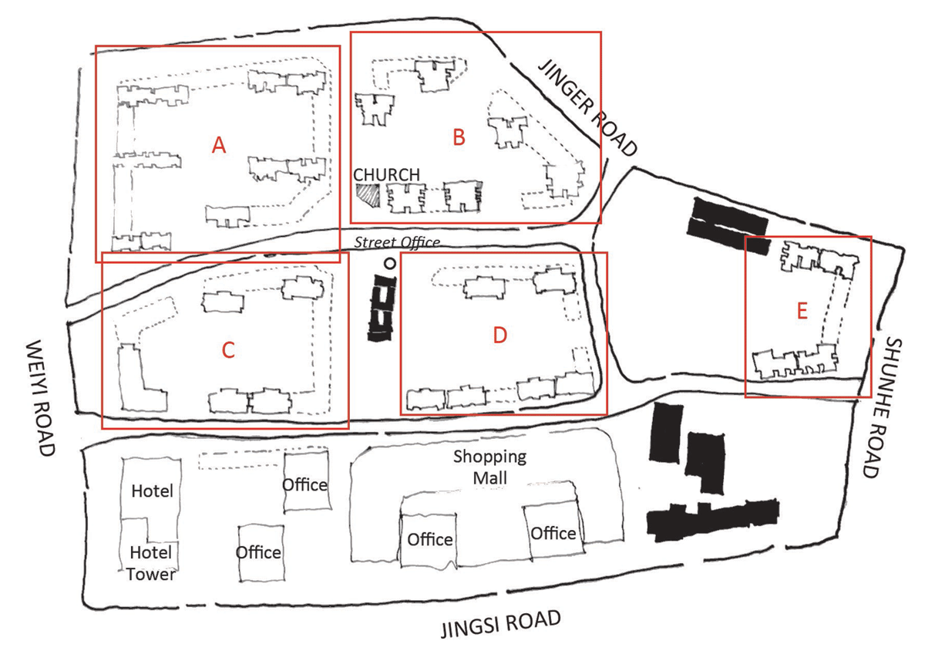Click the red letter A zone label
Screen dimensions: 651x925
click(219, 144)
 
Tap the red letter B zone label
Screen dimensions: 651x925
click(459, 138)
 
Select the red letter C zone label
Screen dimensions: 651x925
click(227, 350)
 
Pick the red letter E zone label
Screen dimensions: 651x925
click(802, 312)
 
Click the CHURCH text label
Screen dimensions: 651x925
click(387, 175)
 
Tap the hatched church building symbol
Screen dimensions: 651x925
click(368, 194)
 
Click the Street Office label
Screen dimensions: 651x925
click(397, 242)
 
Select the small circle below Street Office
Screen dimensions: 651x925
click(391, 263)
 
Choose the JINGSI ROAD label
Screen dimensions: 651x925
click(499, 623)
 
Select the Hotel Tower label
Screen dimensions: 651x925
click(150, 563)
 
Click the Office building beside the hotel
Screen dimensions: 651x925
click(305, 484)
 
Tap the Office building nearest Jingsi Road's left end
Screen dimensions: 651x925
click(259, 552)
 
